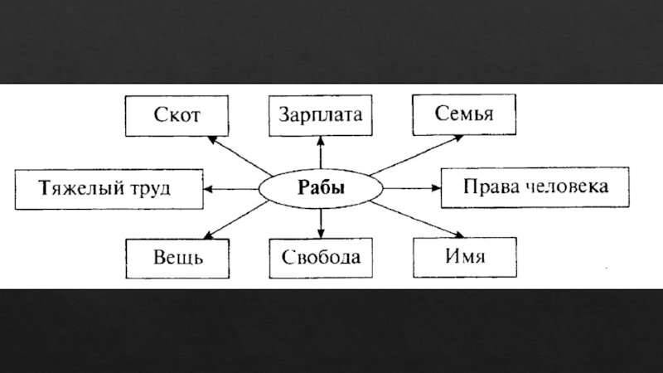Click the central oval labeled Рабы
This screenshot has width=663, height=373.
(x=320, y=188)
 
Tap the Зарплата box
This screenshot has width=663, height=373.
(x=320, y=116)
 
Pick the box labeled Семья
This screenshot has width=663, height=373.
(x=465, y=114)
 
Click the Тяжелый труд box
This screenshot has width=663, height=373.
(x=109, y=188)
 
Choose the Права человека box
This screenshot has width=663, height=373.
(x=536, y=186)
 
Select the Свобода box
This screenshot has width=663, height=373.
(x=320, y=258)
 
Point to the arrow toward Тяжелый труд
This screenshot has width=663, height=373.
(x=232, y=189)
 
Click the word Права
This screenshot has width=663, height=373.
(x=488, y=186)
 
